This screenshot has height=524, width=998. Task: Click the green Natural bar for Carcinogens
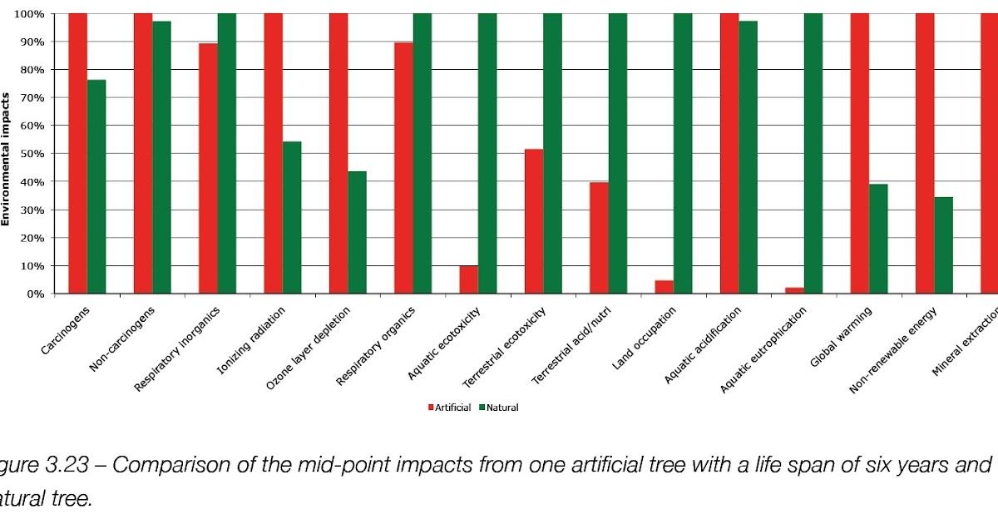pos(96,186)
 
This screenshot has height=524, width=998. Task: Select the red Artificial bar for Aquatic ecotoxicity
pos(469,279)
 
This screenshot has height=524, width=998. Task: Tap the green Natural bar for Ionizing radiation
pos(292,217)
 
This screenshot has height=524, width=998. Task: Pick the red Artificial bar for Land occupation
pos(664,287)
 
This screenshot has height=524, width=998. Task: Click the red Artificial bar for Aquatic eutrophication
pos(794,290)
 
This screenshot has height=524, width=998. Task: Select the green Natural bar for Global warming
pos(878,239)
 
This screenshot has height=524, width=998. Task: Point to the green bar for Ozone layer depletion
pos(357,232)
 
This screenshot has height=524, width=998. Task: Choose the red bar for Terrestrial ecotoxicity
pos(534,221)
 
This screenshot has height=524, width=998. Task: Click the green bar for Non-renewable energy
pos(943,245)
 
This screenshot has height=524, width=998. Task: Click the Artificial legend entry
pos(450,408)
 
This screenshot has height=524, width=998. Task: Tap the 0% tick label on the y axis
pos(35,294)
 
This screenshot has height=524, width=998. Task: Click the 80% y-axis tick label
pos(32,70)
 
